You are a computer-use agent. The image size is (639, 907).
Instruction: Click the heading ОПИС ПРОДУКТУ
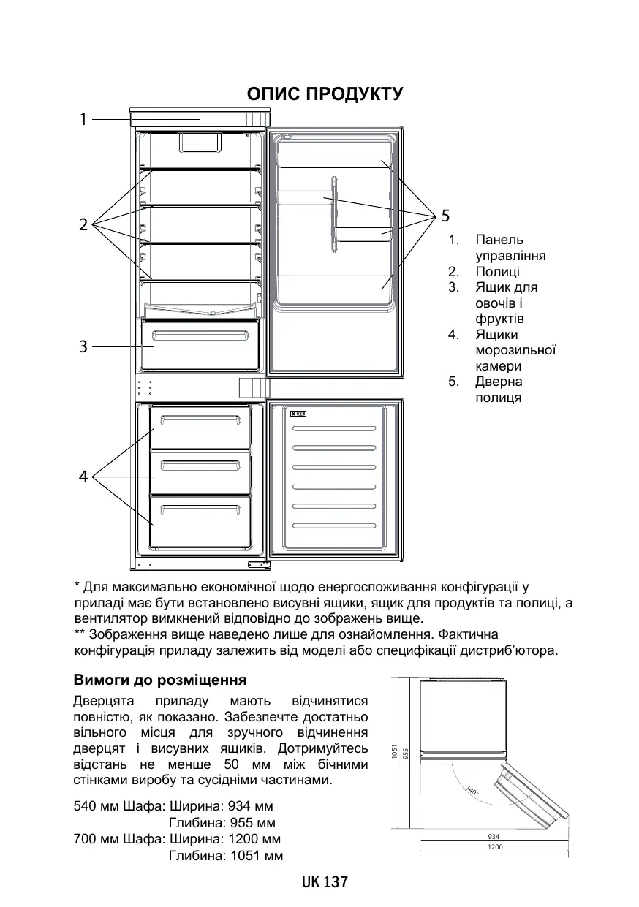click(325, 94)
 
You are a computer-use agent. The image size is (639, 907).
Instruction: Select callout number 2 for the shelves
click(83, 224)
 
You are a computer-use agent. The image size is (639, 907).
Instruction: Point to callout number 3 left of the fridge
click(83, 346)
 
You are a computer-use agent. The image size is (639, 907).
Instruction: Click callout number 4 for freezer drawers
click(83, 477)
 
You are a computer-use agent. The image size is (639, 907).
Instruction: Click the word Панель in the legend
click(499, 240)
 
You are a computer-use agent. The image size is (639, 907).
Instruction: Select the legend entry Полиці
click(497, 272)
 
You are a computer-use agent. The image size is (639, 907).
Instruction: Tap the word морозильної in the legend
click(515, 351)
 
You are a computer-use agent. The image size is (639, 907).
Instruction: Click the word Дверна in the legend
click(499, 382)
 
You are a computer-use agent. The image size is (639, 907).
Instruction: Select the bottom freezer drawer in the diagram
click(200, 520)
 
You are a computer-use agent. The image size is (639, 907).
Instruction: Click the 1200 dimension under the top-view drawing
click(495, 847)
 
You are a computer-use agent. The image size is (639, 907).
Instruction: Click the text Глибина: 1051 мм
click(226, 855)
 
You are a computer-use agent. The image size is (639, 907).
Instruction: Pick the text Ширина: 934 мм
click(221, 807)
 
